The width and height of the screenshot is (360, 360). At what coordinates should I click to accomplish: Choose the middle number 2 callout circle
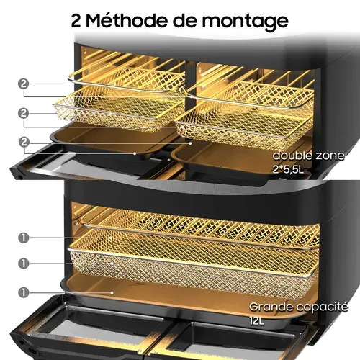coord(23,114)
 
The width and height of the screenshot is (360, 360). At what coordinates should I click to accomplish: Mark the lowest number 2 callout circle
coord(23,143)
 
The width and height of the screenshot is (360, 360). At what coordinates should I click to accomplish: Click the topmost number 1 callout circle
coord(23,237)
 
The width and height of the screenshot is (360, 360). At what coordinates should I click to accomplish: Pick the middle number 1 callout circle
coord(23,264)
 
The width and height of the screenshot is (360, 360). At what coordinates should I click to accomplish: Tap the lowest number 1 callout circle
coord(23,292)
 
